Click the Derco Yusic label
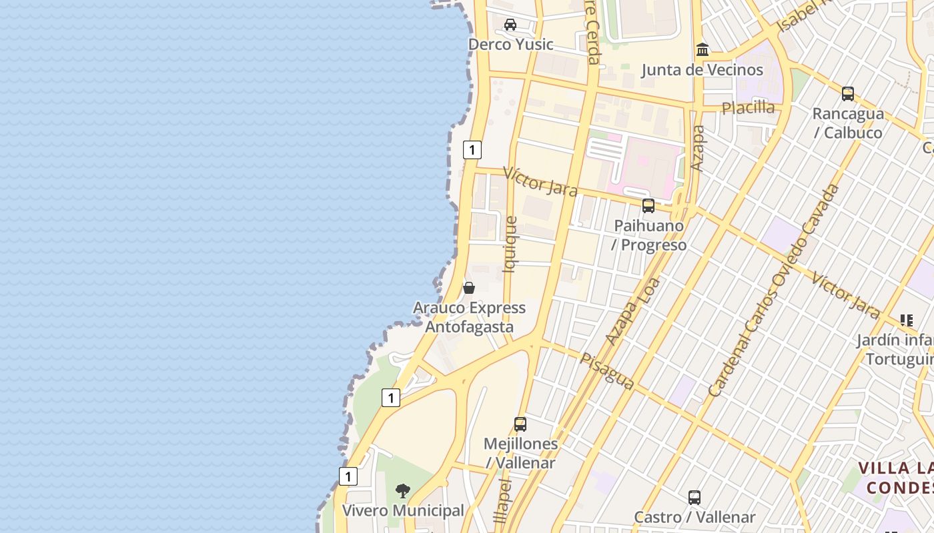coord(510,45)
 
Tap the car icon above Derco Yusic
coord(510,25)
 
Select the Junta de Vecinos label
coord(702,70)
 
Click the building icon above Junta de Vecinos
coord(702,50)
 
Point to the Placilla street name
coord(748,107)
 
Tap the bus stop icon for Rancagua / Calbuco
coord(848,94)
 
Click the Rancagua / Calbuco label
coord(848,123)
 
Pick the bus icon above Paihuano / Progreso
coord(648,206)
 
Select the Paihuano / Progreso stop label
coord(648,235)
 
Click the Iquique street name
coord(510,245)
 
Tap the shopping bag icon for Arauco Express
coord(469,288)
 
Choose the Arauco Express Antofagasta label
coord(469,318)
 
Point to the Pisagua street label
coord(606,371)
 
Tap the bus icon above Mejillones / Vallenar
coord(520,424)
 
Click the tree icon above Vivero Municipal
coord(402,491)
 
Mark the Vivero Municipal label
coord(402,511)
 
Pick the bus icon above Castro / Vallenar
coord(694,498)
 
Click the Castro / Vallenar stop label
coord(694,518)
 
